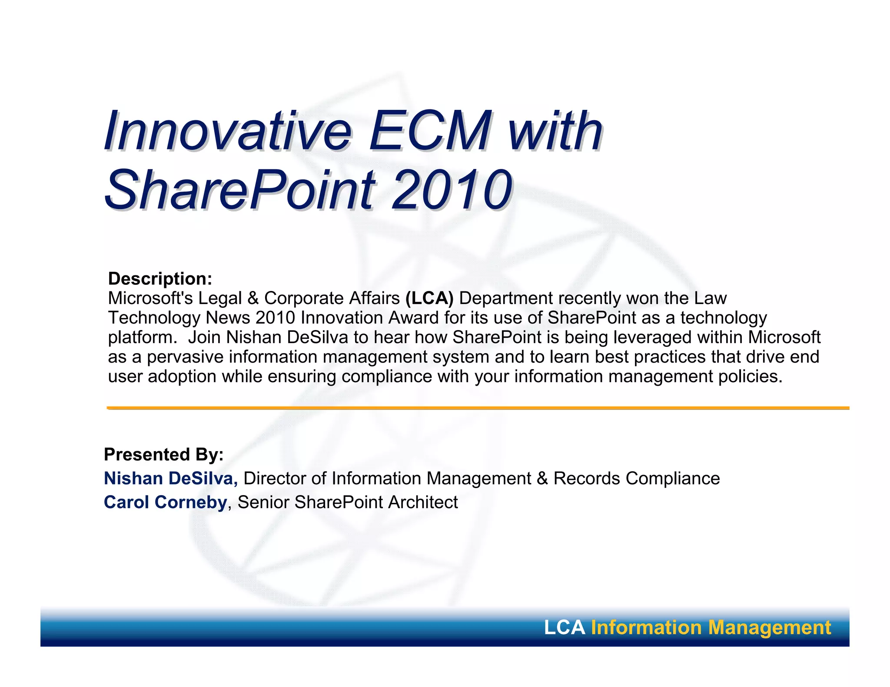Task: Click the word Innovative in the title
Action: click(x=227, y=131)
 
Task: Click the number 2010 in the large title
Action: click(x=452, y=190)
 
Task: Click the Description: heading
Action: click(x=160, y=279)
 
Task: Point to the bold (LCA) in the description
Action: click(x=429, y=298)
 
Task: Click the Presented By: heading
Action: click(x=163, y=455)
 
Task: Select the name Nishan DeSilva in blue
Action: click(x=170, y=479)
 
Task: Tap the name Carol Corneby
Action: click(x=165, y=502)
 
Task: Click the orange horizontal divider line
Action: click(x=478, y=408)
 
